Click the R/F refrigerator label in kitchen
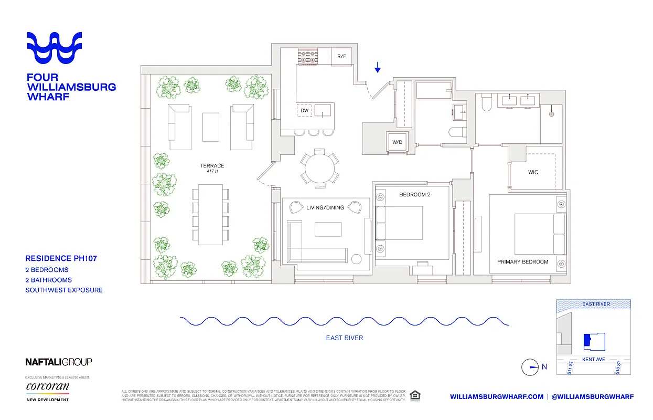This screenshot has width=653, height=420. point(341,56)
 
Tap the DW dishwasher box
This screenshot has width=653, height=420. point(304,110)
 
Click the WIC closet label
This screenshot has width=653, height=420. point(533,172)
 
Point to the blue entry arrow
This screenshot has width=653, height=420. point(377,67)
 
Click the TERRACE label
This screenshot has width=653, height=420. point(212,166)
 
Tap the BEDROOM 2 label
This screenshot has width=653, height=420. point(412,195)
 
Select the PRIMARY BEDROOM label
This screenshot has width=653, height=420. point(522,261)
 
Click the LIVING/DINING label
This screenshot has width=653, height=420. point(325,207)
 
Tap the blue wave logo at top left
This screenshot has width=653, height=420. point(55,48)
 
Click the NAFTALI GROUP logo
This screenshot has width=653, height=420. point(59,362)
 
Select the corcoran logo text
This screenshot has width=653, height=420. point(48,386)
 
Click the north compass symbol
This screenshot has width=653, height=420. point(530,367)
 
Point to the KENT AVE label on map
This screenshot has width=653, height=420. point(594,360)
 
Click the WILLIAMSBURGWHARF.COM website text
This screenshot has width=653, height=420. point(496,396)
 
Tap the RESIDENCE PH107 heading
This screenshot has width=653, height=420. point(61,258)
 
